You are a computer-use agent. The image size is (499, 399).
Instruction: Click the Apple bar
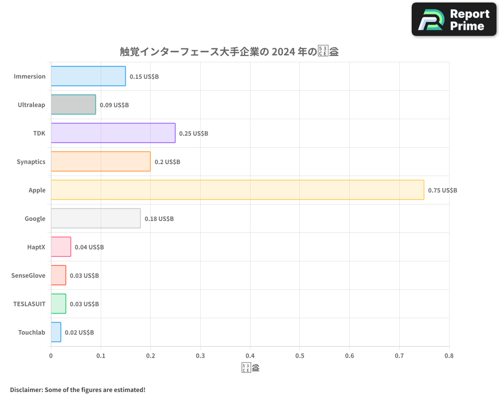[238, 190]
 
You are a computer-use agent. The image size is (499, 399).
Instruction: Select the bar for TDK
[113, 133]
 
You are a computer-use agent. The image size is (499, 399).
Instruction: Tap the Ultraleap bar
[73, 105]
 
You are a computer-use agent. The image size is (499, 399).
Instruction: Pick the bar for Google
[96, 218]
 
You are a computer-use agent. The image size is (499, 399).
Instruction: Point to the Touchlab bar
[56, 332]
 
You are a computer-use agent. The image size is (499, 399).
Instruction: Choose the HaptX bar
[61, 247]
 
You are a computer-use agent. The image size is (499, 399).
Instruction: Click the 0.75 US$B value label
[443, 191]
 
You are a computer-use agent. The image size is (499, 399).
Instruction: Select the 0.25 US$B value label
[194, 134]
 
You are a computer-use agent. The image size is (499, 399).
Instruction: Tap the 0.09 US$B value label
[114, 105]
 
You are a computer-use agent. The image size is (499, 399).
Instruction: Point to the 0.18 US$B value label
[159, 219]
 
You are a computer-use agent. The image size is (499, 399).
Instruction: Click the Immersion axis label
[29, 76]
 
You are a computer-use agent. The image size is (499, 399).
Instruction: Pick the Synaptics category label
[31, 162]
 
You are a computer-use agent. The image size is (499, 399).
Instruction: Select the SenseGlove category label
[28, 275]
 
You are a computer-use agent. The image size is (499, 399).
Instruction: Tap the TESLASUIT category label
[29, 304]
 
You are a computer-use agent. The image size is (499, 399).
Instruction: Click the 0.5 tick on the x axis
[300, 356]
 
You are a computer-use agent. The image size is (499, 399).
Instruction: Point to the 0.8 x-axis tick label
[449, 356]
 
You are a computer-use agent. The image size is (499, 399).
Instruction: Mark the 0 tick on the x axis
[51, 356]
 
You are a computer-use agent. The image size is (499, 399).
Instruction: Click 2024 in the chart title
[282, 52]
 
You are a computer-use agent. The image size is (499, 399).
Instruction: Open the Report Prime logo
[454, 19]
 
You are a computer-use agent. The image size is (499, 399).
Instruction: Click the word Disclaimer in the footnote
[25, 390]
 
